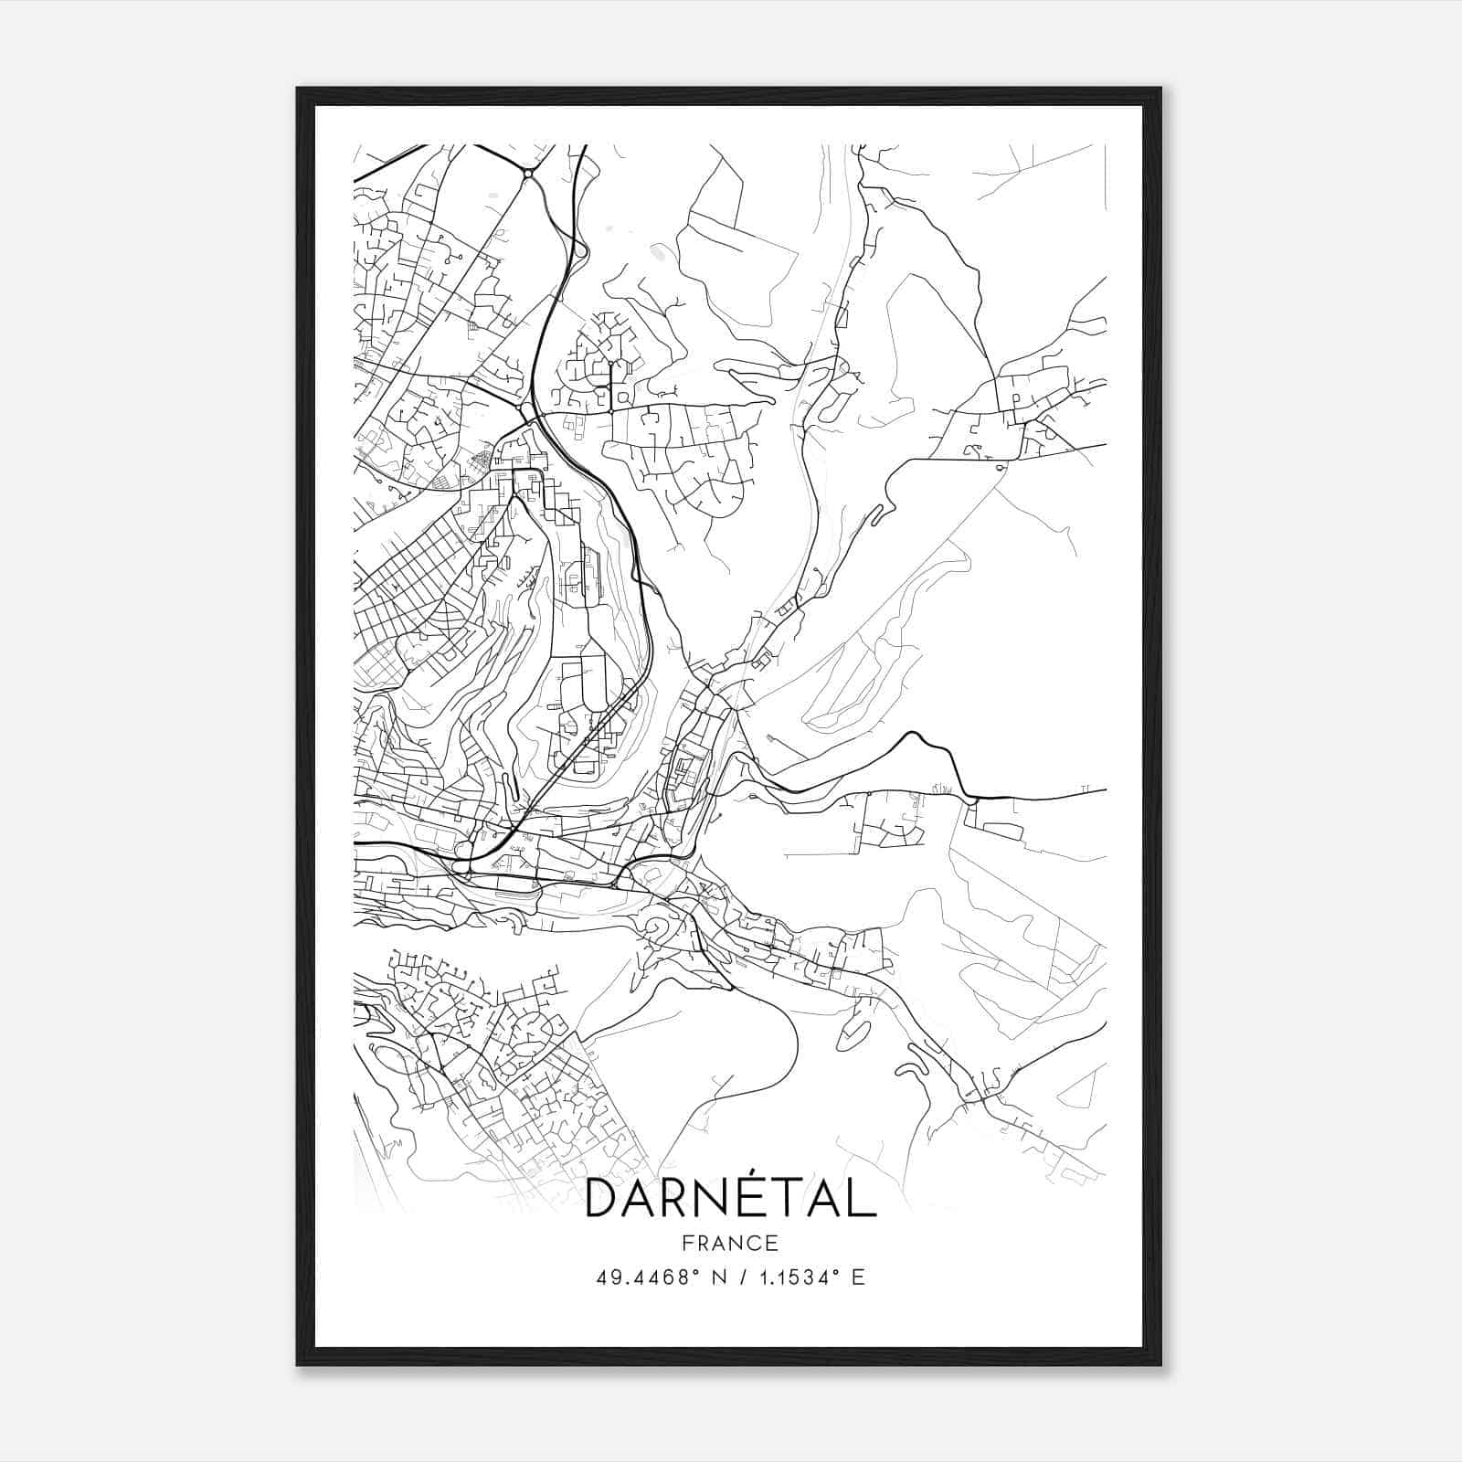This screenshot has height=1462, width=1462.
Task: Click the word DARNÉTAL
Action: click(730, 1199)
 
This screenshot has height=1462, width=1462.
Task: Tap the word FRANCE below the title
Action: click(730, 1243)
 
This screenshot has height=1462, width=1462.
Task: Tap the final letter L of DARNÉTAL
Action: click(862, 1199)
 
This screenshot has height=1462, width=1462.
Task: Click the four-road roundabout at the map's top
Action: click(528, 172)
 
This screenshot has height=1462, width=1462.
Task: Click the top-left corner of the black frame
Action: click(298, 89)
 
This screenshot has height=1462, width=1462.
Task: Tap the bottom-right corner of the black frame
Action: click(1160, 1364)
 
